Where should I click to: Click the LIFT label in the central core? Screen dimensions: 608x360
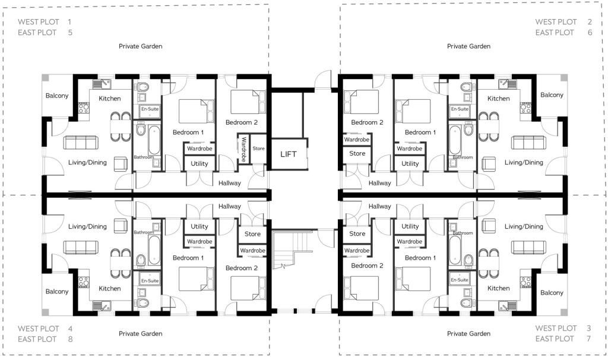(288, 154)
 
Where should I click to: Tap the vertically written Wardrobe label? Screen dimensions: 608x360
(243, 149)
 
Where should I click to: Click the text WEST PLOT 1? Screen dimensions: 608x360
(45, 22)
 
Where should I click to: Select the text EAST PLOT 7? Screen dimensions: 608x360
(563, 339)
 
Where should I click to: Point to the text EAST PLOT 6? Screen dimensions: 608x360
(564, 33)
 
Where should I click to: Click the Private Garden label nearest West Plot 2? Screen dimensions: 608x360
(468, 46)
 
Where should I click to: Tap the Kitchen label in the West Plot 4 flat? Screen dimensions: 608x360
(110, 288)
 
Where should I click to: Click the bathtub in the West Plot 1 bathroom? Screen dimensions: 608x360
(154, 140)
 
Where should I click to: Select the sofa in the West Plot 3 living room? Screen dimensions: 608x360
(528, 247)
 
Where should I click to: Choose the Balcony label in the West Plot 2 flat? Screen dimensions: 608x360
(552, 95)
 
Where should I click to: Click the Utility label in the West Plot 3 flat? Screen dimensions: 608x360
(410, 226)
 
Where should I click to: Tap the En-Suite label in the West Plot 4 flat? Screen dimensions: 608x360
(150, 280)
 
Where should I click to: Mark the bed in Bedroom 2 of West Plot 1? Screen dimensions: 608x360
(249, 102)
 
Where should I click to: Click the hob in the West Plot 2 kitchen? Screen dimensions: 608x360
(525, 108)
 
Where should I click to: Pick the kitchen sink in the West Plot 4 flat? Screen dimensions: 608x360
(102, 306)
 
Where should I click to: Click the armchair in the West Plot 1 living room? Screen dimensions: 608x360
(121, 164)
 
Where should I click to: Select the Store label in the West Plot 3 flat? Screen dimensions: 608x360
(357, 233)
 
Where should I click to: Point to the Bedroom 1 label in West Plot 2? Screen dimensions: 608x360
(420, 132)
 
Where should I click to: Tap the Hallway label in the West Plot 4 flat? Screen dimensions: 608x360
(230, 206)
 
